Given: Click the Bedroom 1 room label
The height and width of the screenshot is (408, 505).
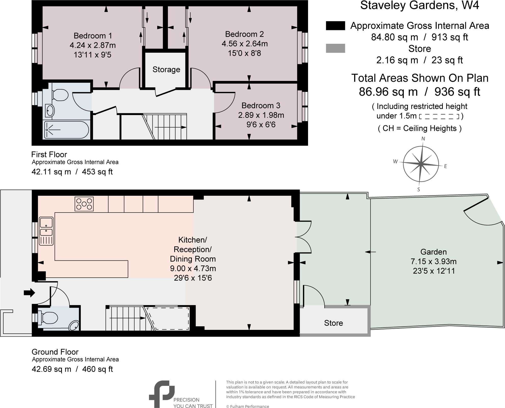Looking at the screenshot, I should pyautogui.click(x=93, y=36).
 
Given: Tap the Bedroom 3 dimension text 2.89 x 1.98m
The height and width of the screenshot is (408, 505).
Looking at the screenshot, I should pyautogui.click(x=261, y=115).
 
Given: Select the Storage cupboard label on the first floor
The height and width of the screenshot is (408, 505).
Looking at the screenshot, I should pyautogui.click(x=166, y=69).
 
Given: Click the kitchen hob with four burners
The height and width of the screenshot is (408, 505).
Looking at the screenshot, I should pyautogui.click(x=84, y=204).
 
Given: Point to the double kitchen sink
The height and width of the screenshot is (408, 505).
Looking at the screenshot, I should pyautogui.click(x=46, y=226).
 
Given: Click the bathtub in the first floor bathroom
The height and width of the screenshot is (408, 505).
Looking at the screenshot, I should pyautogui.click(x=67, y=130).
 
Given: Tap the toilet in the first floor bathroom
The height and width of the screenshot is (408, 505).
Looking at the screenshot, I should pyautogui.click(x=60, y=95).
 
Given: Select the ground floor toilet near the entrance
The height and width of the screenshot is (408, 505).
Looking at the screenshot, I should pyautogui.click(x=50, y=318).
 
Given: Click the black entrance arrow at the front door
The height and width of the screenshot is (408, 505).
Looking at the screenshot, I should pyautogui.click(x=29, y=293).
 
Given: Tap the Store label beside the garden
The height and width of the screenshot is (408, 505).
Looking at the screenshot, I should pyautogui.click(x=333, y=323).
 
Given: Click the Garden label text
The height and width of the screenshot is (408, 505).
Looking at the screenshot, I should pyautogui.click(x=433, y=252).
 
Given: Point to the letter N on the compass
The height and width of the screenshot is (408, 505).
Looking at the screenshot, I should pyautogui.click(x=423, y=139).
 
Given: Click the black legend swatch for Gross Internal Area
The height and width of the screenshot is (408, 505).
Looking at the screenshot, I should pyautogui.click(x=335, y=26).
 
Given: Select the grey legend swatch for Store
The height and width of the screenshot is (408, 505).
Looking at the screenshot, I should pyautogui.click(x=335, y=48).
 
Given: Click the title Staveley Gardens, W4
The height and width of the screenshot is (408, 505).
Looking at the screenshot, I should pyautogui.click(x=419, y=6).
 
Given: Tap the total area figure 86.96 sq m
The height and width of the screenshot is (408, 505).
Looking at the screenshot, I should pyautogui.click(x=388, y=92).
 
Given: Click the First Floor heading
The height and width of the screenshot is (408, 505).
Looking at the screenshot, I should pyautogui.click(x=49, y=154).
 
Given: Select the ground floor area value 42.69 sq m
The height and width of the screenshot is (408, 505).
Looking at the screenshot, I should pyautogui.click(x=51, y=369).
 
